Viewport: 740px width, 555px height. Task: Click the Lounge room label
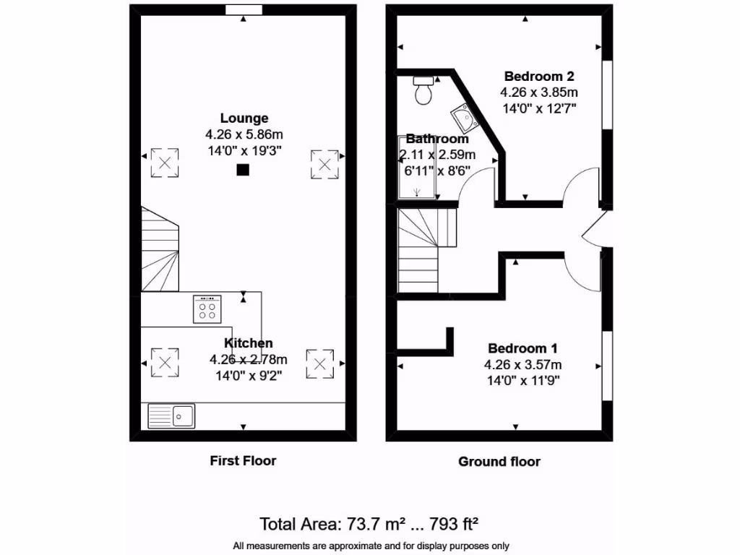click(x=244, y=118)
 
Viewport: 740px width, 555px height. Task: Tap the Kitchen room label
click(x=248, y=343)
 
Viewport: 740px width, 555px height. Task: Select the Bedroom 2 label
click(x=538, y=76)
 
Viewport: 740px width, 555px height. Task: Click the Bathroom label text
click(x=436, y=139)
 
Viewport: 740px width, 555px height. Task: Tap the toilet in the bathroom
click(x=423, y=90)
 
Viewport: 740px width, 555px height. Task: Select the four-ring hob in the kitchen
click(x=207, y=309)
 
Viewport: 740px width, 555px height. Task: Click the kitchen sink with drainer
click(x=171, y=416)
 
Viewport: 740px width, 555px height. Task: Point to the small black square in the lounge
click(x=244, y=171)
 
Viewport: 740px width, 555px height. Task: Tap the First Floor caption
click(x=243, y=460)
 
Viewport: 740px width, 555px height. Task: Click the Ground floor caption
click(x=499, y=461)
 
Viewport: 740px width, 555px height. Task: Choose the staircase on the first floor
click(x=160, y=249)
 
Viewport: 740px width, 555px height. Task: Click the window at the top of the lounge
click(x=243, y=9)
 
